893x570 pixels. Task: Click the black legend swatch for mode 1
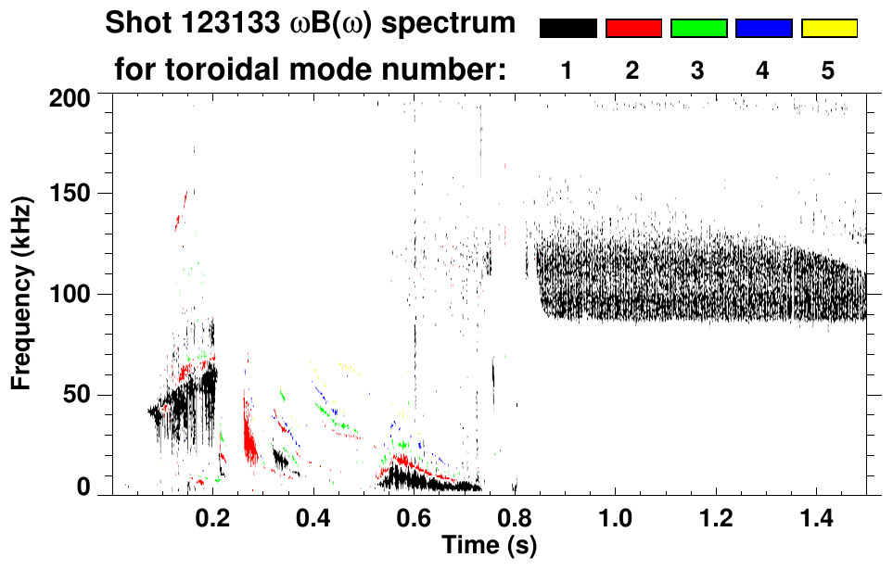tap(568, 29)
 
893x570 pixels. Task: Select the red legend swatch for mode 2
tap(633, 29)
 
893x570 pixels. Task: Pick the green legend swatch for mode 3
tap(698, 29)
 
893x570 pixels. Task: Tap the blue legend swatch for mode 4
tap(763, 29)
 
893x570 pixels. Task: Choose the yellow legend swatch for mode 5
tap(829, 29)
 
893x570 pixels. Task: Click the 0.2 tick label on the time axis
tap(212, 514)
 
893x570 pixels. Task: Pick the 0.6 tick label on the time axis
tap(414, 514)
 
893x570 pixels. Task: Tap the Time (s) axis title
tap(488, 544)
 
